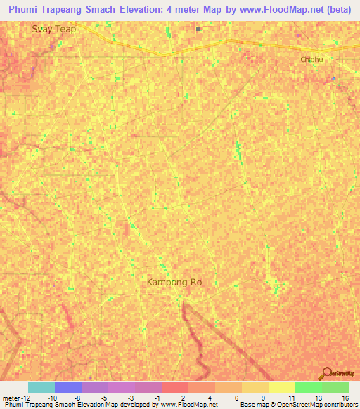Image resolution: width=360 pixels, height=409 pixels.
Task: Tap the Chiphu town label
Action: [x=311, y=60]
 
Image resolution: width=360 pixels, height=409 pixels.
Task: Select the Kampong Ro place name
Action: [x=174, y=283]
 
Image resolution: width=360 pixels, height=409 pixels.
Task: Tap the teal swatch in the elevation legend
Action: [x=41, y=387]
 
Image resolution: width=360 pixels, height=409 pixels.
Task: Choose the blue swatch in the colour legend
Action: [x=67, y=387]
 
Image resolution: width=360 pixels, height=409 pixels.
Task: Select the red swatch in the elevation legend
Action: [x=174, y=387]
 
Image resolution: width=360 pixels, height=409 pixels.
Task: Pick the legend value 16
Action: [x=345, y=398]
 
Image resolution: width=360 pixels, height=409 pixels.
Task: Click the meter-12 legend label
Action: [x=15, y=398]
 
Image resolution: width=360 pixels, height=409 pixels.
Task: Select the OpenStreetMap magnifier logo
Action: [x=326, y=372]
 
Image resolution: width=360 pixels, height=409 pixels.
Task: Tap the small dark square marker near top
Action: [x=199, y=30]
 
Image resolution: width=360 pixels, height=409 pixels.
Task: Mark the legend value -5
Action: [x=105, y=398]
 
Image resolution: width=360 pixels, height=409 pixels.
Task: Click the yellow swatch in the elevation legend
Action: [x=281, y=387]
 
